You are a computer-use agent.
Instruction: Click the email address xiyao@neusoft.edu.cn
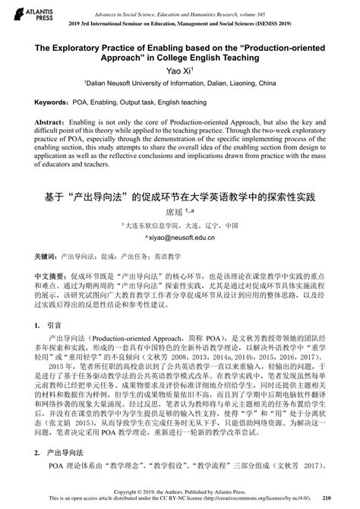coord(181,238)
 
